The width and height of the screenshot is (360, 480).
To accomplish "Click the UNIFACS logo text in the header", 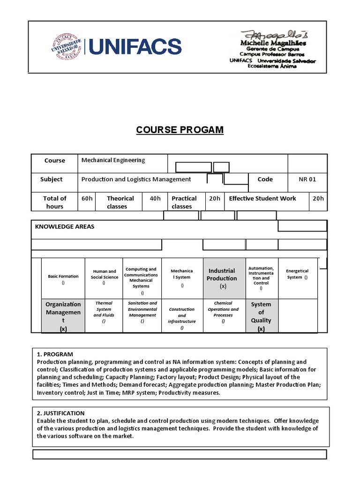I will click(x=135, y=47).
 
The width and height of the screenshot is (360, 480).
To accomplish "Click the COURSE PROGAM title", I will click(x=180, y=130).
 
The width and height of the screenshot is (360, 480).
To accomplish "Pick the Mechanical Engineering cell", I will click(x=113, y=160).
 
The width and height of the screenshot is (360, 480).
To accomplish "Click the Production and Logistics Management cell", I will click(x=136, y=179).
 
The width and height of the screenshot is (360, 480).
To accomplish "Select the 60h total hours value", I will click(x=87, y=198).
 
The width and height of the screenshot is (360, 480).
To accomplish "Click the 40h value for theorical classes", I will click(x=155, y=198).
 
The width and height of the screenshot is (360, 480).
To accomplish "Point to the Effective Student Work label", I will click(x=262, y=198).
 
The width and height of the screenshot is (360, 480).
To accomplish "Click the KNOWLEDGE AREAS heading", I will click(x=65, y=226).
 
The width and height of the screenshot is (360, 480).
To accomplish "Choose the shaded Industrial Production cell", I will click(x=222, y=278).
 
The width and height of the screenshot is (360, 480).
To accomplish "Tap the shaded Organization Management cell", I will click(x=63, y=316).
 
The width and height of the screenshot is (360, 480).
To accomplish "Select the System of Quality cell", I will click(x=261, y=316).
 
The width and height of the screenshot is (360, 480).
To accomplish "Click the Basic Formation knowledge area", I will click(x=63, y=279).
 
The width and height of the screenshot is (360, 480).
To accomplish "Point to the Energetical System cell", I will click(x=298, y=274).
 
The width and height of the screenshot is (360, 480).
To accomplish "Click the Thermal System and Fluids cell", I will click(x=104, y=312).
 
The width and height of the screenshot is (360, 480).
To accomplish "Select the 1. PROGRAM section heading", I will click(x=55, y=354).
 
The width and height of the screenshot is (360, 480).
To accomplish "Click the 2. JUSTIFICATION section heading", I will click(x=60, y=413).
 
